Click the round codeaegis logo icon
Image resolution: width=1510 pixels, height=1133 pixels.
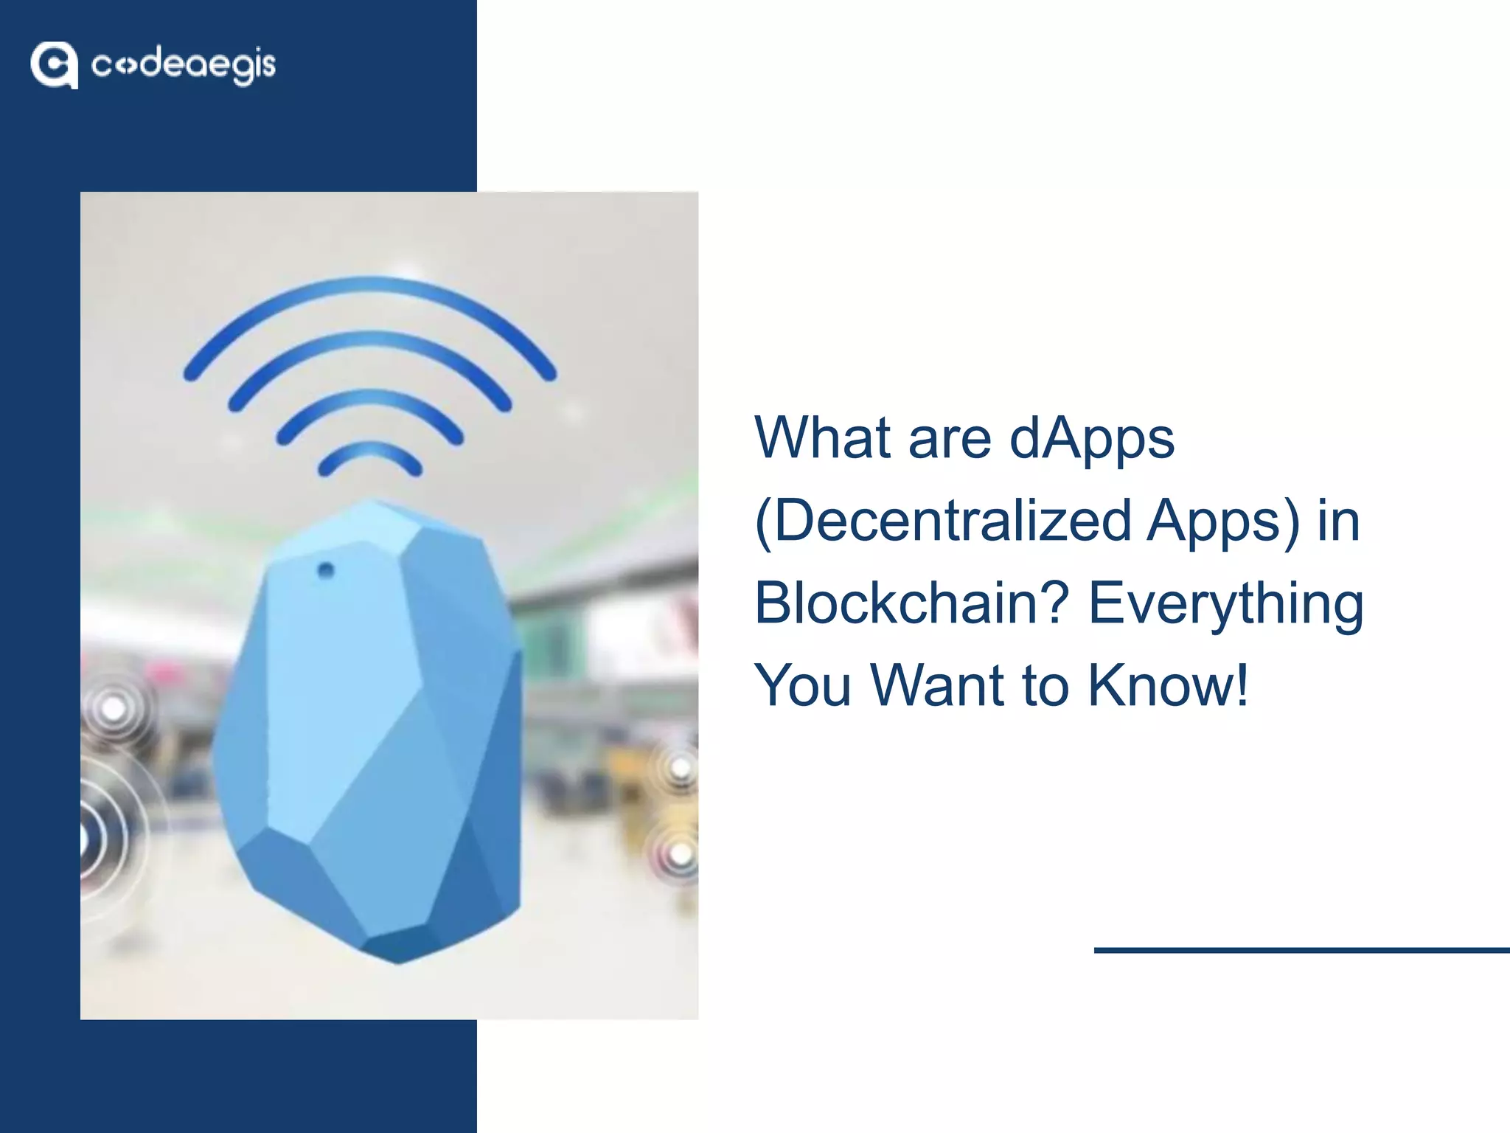click(x=54, y=65)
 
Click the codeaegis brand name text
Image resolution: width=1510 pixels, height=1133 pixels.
click(x=183, y=66)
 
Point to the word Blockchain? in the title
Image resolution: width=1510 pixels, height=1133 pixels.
click(x=911, y=603)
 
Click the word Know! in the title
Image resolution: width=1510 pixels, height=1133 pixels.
click(x=1168, y=685)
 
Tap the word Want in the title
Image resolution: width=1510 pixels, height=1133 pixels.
click(x=937, y=685)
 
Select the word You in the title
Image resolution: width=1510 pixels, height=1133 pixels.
click(x=803, y=685)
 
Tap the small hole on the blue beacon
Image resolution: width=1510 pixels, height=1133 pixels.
click(x=325, y=570)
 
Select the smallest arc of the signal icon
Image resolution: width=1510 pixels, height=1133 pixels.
click(x=370, y=451)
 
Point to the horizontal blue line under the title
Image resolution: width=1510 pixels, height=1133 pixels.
click(x=1301, y=950)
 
